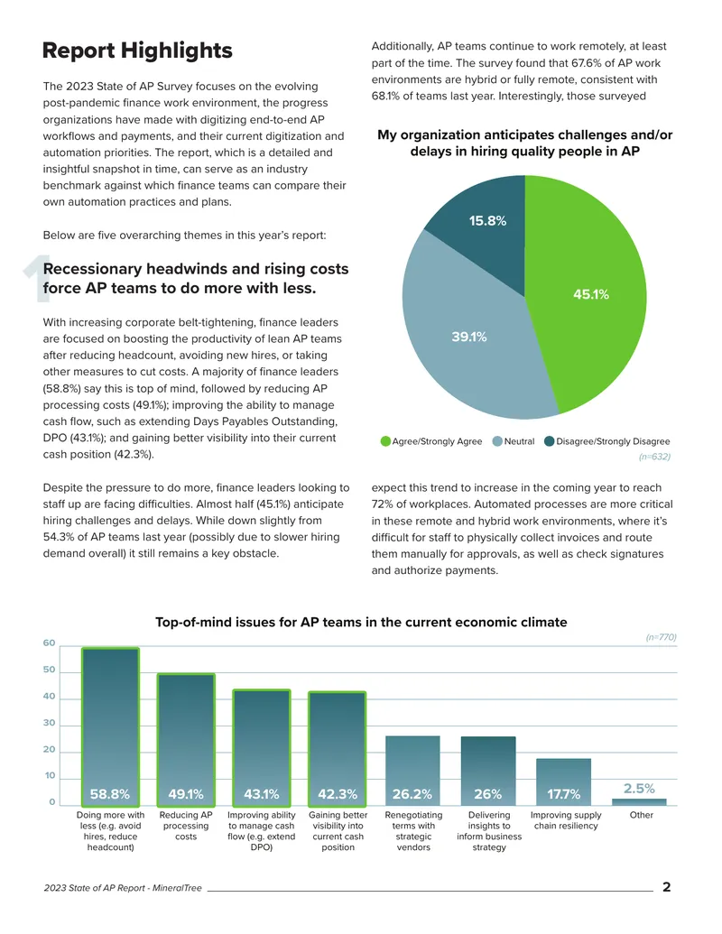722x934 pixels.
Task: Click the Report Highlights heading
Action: tap(137, 51)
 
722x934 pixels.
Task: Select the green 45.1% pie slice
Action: tap(589, 294)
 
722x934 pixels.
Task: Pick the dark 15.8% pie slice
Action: tap(483, 229)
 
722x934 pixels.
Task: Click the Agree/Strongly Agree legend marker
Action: tap(385, 441)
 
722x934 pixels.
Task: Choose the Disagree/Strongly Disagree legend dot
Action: tap(550, 441)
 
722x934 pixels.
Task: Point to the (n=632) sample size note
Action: tap(654, 457)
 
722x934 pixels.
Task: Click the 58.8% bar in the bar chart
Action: tap(110, 726)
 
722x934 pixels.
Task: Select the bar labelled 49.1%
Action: tap(186, 740)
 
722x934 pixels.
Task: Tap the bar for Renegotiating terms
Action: tap(412, 771)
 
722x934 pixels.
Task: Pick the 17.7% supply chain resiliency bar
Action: tap(563, 782)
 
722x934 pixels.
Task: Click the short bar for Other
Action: tap(639, 802)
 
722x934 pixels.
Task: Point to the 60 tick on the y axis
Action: tap(49, 643)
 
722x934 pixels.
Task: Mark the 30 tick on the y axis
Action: tap(49, 723)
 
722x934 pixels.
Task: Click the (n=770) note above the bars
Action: tap(662, 637)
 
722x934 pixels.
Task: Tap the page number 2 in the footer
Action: tap(667, 887)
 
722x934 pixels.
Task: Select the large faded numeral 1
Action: tap(37, 279)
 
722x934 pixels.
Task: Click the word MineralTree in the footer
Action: tap(177, 888)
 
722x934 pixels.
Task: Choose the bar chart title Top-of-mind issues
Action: tap(361, 623)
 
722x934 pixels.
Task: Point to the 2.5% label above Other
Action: tap(639, 789)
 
